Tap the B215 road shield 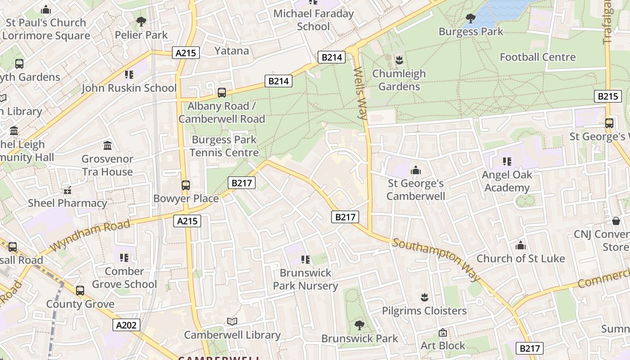(607, 96)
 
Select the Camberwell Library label (232, 335)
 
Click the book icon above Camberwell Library (232, 321)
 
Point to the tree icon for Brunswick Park (359, 325)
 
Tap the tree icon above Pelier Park (141, 21)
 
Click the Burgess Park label (471, 31)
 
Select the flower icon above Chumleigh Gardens (399, 60)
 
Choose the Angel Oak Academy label (507, 181)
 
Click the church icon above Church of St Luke (521, 245)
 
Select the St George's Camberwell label (415, 189)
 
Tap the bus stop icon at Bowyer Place (185, 185)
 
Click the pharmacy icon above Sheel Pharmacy (67, 190)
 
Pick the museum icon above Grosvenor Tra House (108, 145)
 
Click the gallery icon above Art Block (443, 333)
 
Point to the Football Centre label (537, 57)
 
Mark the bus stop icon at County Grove (80, 291)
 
